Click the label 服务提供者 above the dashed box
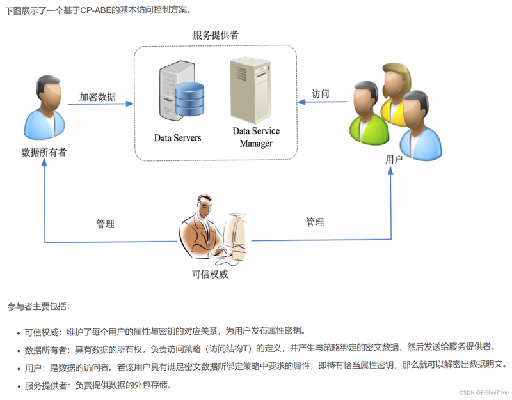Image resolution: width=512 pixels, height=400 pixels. coord(216,35)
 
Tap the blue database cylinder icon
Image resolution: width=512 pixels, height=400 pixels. coord(189,99)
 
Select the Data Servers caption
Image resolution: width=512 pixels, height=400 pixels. coord(177,138)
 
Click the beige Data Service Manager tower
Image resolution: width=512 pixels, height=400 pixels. coord(250,90)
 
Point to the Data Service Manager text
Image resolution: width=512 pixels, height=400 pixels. coord(256,137)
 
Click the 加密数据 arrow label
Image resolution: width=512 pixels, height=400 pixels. coord(97,96)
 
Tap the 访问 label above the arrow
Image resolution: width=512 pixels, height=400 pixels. coord(321,94)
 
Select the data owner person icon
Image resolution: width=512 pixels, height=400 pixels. coord(45,107)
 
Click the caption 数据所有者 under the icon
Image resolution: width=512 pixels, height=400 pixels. coord(44,152)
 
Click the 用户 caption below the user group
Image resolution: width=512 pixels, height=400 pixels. coord(394,159)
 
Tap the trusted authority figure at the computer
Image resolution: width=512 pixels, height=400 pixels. coord(213,229)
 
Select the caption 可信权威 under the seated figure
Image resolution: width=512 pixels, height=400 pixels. coord(210,274)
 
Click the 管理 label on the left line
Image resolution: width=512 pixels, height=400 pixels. coord(105,224)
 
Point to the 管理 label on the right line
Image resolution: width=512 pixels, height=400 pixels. coord(315,222)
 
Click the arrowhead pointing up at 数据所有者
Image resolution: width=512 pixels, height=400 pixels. coord(44,162)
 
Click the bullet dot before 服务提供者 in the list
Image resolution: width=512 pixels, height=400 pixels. coord(19,387)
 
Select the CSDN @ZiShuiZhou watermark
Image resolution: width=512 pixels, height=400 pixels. coord(484,392)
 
